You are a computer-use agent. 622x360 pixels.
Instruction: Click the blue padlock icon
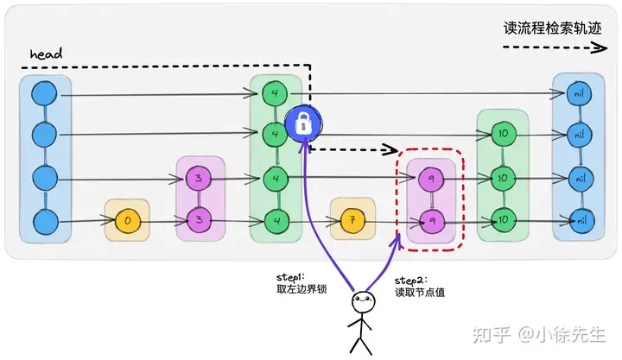[303, 124]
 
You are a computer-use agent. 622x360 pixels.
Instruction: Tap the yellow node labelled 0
[127, 220]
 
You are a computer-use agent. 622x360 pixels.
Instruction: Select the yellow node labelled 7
[352, 221]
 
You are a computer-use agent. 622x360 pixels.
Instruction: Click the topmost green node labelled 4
[276, 92]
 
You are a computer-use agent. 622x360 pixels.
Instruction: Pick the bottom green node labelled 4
[276, 221]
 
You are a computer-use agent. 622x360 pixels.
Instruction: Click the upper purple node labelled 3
[200, 179]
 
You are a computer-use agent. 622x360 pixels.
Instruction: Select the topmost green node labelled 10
[502, 134]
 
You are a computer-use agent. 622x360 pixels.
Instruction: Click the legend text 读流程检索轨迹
[551, 27]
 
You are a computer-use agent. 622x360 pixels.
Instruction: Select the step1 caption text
[295, 283]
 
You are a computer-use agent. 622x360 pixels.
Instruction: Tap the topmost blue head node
[43, 92]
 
